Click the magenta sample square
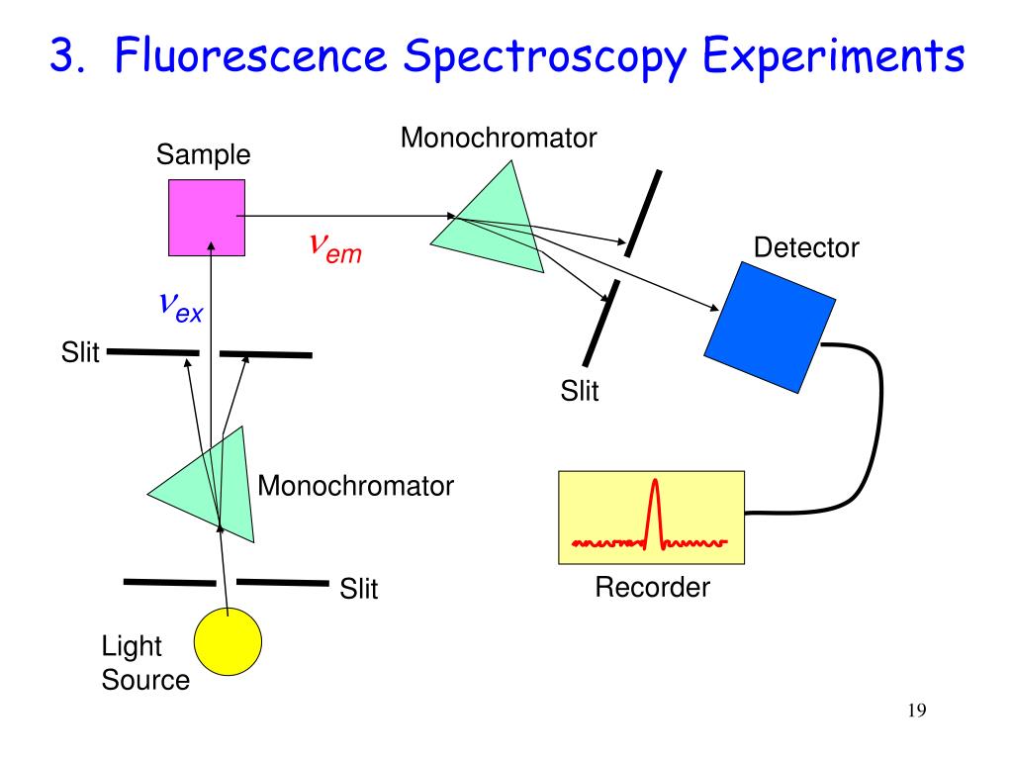207,218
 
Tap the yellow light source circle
229,641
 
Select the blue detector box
770,327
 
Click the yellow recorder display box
651,518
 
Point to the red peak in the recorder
655,511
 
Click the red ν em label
335,247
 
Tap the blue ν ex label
181,307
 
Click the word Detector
806,247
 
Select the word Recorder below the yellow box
652,588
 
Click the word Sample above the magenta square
203,155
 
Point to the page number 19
917,711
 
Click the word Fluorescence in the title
250,55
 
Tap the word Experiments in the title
833,55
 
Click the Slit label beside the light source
358,589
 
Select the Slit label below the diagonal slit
580,391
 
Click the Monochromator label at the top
499,138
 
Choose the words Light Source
145,663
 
